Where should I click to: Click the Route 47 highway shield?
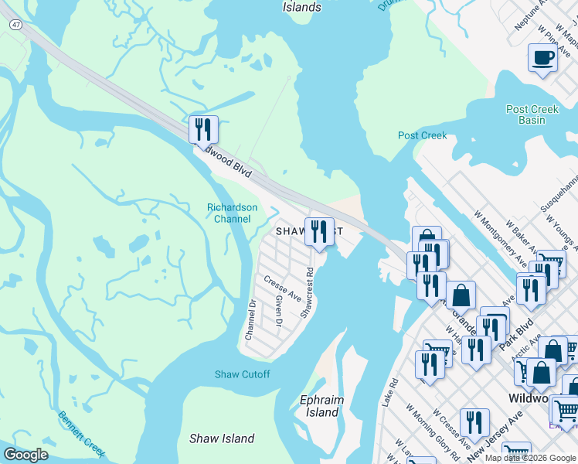coord(15,26)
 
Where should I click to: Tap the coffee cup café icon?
coord(542,57)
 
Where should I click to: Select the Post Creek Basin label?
coord(532,114)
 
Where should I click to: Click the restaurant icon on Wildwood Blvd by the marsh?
coord(203,129)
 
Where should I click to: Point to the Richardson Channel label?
coord(229,213)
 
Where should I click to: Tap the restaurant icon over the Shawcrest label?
coord(319,230)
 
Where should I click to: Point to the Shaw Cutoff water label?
coord(243,374)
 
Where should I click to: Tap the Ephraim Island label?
coord(321,406)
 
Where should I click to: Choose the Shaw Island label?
coord(222,438)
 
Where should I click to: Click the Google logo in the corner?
coord(26,455)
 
